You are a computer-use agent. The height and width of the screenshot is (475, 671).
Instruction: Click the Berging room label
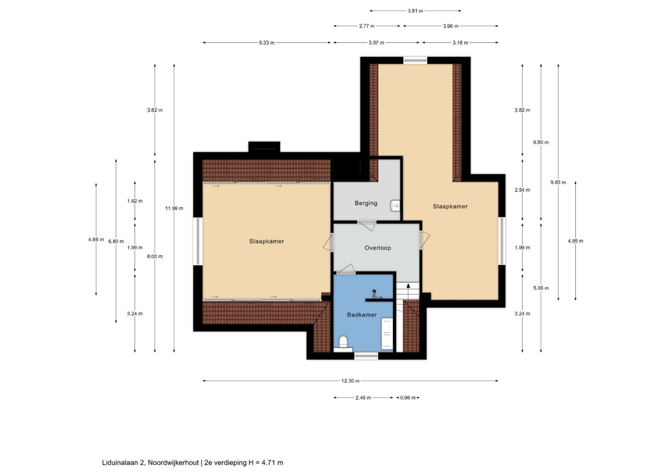366,203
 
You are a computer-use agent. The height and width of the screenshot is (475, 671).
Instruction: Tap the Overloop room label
378,248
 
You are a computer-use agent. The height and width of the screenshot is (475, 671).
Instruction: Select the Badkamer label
362,314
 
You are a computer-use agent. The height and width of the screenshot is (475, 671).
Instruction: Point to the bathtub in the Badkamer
387,334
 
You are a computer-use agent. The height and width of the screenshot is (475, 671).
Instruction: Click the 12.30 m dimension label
350,381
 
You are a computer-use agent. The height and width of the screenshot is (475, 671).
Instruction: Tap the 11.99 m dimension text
174,208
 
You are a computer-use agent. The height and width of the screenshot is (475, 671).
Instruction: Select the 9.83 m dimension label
558,182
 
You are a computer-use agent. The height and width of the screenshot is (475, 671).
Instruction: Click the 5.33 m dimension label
266,43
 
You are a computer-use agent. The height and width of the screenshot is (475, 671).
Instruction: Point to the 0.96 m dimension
408,398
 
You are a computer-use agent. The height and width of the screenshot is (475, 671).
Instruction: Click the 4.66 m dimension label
96,239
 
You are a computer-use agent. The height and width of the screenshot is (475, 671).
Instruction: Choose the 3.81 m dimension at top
415,11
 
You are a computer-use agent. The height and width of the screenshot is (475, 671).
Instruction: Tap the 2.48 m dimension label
363,398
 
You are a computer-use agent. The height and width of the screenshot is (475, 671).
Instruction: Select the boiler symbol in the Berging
395,205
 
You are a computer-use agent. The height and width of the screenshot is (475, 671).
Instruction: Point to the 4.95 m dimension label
576,241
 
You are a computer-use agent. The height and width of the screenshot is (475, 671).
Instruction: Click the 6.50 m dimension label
541,142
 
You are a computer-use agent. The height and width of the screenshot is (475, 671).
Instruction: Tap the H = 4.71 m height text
266,462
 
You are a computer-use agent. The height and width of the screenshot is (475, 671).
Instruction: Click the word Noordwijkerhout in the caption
173,462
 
